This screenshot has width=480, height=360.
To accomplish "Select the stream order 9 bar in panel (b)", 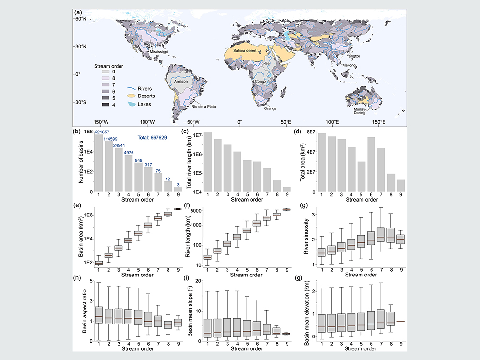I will (178, 190).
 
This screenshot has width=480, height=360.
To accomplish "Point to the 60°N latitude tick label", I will (80, 19).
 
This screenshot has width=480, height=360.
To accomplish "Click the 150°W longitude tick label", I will (101, 122).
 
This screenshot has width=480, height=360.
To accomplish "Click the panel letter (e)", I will (76, 205).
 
